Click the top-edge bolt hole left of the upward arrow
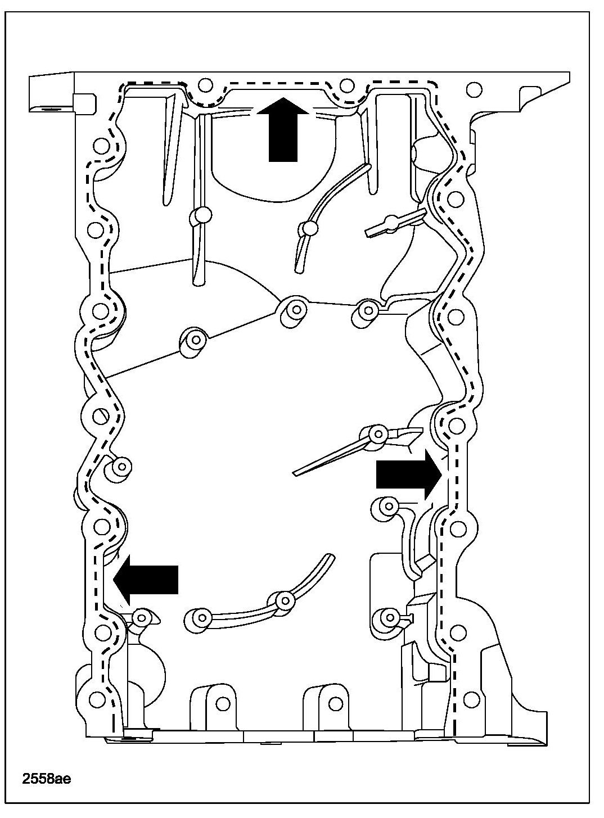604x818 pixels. (205, 86)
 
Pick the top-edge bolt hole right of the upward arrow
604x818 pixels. (347, 86)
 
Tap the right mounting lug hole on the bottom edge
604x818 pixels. (336, 703)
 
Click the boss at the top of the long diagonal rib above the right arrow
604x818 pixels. (378, 432)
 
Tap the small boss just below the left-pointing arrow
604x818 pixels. (141, 618)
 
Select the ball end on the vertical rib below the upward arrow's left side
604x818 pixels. (201, 216)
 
